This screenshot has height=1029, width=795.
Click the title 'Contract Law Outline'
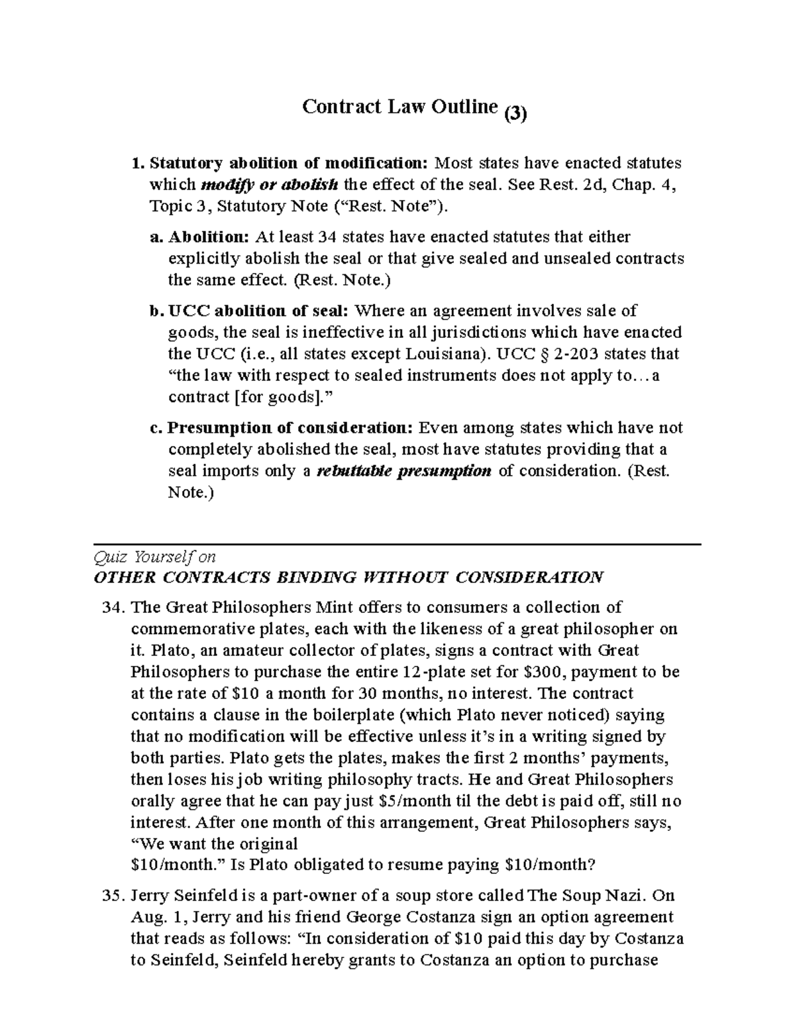tap(399, 107)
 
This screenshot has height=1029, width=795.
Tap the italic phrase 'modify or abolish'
tap(269, 184)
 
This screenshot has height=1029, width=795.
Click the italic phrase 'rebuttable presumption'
tap(405, 471)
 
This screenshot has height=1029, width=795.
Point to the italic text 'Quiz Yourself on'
tap(155, 557)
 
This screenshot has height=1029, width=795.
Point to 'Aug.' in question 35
tap(146, 918)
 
